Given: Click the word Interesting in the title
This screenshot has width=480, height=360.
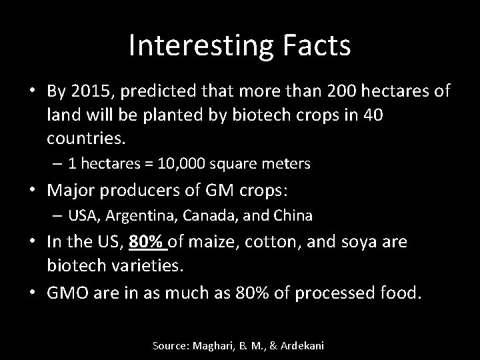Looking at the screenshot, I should coord(201,45).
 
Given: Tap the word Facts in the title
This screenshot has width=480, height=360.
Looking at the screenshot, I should coord(317,45).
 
